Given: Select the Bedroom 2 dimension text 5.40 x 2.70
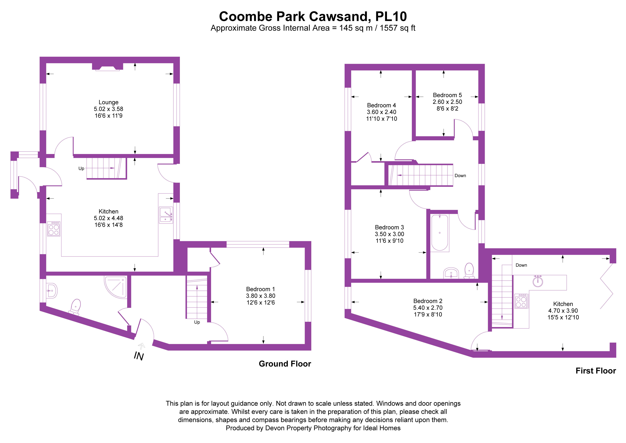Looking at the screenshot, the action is (x=428, y=308).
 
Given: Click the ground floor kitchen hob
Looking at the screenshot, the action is (x=54, y=229).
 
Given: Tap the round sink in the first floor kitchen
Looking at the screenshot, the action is (x=538, y=282).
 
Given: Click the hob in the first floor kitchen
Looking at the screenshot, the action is (x=521, y=301).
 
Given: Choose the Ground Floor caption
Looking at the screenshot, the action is (x=285, y=364).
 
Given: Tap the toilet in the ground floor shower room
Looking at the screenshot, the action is (x=75, y=307).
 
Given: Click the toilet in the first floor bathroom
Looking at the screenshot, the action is (x=469, y=270).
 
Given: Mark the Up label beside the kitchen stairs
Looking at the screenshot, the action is (x=81, y=168).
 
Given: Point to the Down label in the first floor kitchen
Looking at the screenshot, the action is (x=521, y=265).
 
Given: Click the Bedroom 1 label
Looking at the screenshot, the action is (x=260, y=289).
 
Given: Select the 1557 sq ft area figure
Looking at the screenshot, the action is (x=398, y=28).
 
